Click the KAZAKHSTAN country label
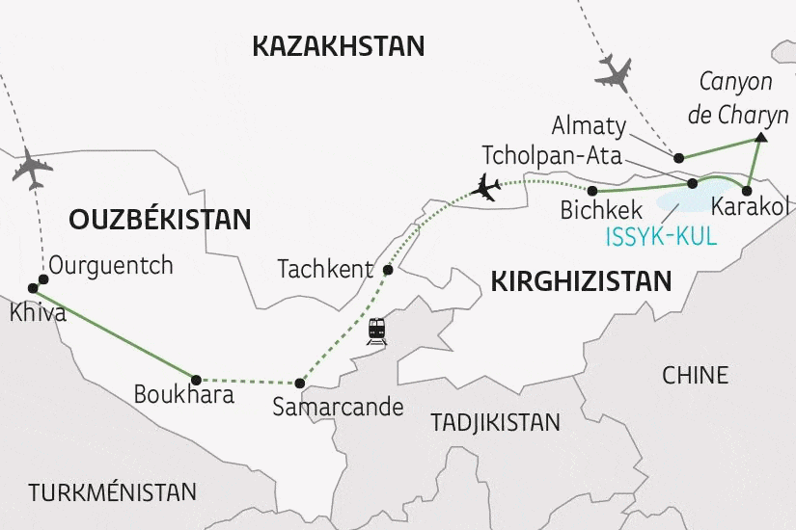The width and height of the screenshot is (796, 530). coord(338,45)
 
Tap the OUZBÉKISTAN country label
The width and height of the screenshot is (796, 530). coord(160,219)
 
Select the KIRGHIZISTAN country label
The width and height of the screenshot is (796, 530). coord(581,281)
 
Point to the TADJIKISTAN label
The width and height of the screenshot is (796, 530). coord(495,422)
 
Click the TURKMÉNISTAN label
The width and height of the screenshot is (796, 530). coord(112,491)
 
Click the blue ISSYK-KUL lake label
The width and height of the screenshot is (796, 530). coord(662,236)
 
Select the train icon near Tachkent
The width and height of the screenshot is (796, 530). coord(376,331)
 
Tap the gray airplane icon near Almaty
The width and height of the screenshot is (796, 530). coord(615,73)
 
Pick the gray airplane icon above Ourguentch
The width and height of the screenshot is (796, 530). coord(32,170)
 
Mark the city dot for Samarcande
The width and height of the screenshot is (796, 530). coord(300,383)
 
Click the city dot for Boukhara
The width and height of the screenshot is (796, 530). coord(196,379)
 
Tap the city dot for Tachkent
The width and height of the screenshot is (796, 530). coord(388,270)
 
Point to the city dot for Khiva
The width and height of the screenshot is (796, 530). coord(32,288)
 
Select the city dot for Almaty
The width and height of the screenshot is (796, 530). coord(679,157)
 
